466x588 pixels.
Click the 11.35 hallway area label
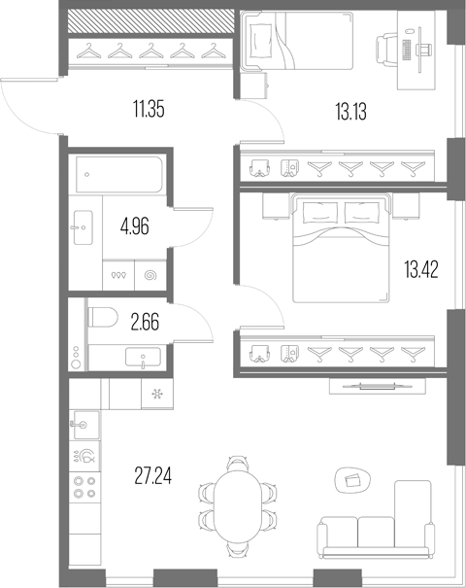coord(149,110)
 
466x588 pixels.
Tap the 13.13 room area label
coord(351,112)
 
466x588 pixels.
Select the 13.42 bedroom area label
coord(421,269)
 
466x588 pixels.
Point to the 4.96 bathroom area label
coord(135,226)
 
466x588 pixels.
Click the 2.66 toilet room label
coord(145,323)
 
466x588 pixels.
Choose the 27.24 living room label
coord(153,476)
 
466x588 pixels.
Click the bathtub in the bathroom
coord(119,175)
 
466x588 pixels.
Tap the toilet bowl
coord(103,317)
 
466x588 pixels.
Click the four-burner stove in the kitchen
coord(84,487)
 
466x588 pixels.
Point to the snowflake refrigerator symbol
coord(157,395)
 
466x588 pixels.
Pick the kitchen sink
coord(85,425)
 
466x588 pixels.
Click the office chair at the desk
coord(386,50)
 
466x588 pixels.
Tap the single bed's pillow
coord(261,41)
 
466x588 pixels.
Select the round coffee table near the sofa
coord(352,480)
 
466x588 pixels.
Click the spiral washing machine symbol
coord(150,276)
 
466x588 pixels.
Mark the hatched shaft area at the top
coord(150,21)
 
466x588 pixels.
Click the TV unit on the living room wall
coord(378,386)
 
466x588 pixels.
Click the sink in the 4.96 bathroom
coord(83,227)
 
